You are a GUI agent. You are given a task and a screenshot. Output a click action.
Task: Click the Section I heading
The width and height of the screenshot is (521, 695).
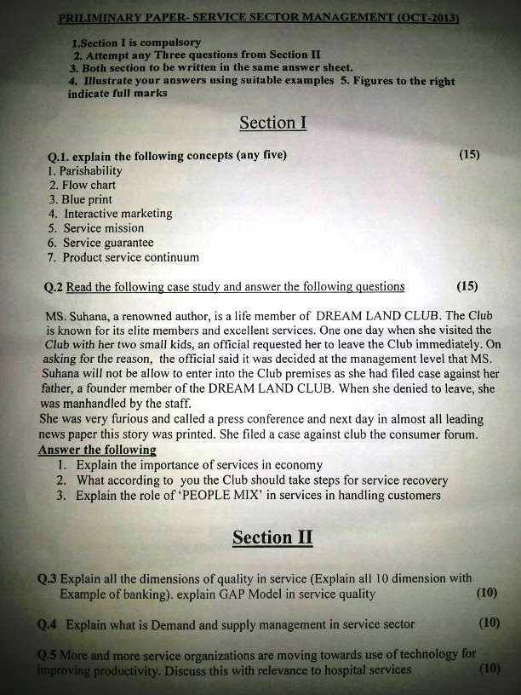coord(272,123)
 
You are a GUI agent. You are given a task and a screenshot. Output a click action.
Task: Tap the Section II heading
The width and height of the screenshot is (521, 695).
coord(272,537)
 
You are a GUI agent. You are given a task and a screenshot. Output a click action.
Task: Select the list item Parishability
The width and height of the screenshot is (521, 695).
coord(91,170)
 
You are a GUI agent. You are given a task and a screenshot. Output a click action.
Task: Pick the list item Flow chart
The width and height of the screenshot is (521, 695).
coord(89,185)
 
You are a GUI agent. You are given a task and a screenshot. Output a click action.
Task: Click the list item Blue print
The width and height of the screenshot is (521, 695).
coord(88,199)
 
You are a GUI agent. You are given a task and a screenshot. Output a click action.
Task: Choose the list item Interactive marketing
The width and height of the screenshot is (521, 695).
coord(117,214)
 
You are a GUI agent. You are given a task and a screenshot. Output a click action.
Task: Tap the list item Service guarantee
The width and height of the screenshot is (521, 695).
coord(108,243)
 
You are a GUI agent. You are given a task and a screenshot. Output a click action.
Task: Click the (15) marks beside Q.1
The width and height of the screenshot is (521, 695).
coord(468,155)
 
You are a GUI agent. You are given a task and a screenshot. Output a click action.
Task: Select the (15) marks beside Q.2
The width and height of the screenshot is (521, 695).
coord(467,286)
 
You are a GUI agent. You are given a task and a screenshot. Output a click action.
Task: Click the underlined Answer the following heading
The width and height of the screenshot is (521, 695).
coord(97,449)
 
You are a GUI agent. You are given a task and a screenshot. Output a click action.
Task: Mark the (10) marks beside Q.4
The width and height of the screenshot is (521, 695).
coord(488,623)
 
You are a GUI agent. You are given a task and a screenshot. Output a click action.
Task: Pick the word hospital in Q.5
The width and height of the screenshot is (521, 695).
coord(335,669)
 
